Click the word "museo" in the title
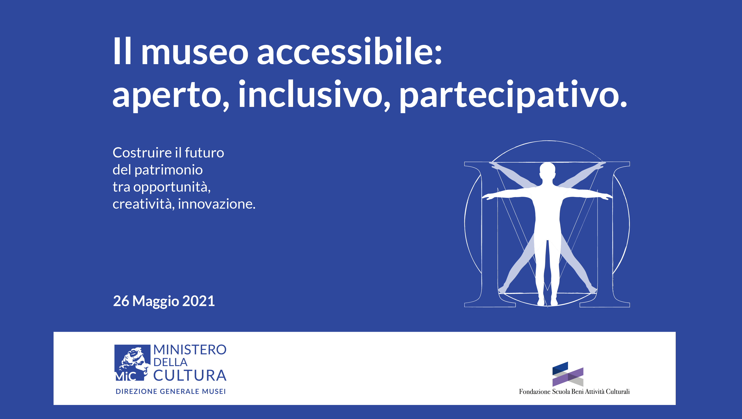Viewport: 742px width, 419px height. click(195, 52)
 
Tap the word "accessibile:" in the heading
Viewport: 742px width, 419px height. click(349, 52)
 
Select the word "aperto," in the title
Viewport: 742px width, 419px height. click(171, 95)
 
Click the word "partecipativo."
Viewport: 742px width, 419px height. click(513, 95)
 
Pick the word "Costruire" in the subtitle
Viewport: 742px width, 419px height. click(142, 153)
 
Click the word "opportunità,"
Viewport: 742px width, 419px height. click(172, 187)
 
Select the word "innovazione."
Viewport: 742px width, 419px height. click(217, 204)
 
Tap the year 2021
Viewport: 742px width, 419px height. click(198, 301)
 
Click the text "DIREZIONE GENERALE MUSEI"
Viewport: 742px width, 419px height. click(171, 391)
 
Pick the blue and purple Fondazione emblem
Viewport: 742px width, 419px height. click(568, 374)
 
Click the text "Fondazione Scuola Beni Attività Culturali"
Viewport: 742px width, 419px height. click(574, 392)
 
